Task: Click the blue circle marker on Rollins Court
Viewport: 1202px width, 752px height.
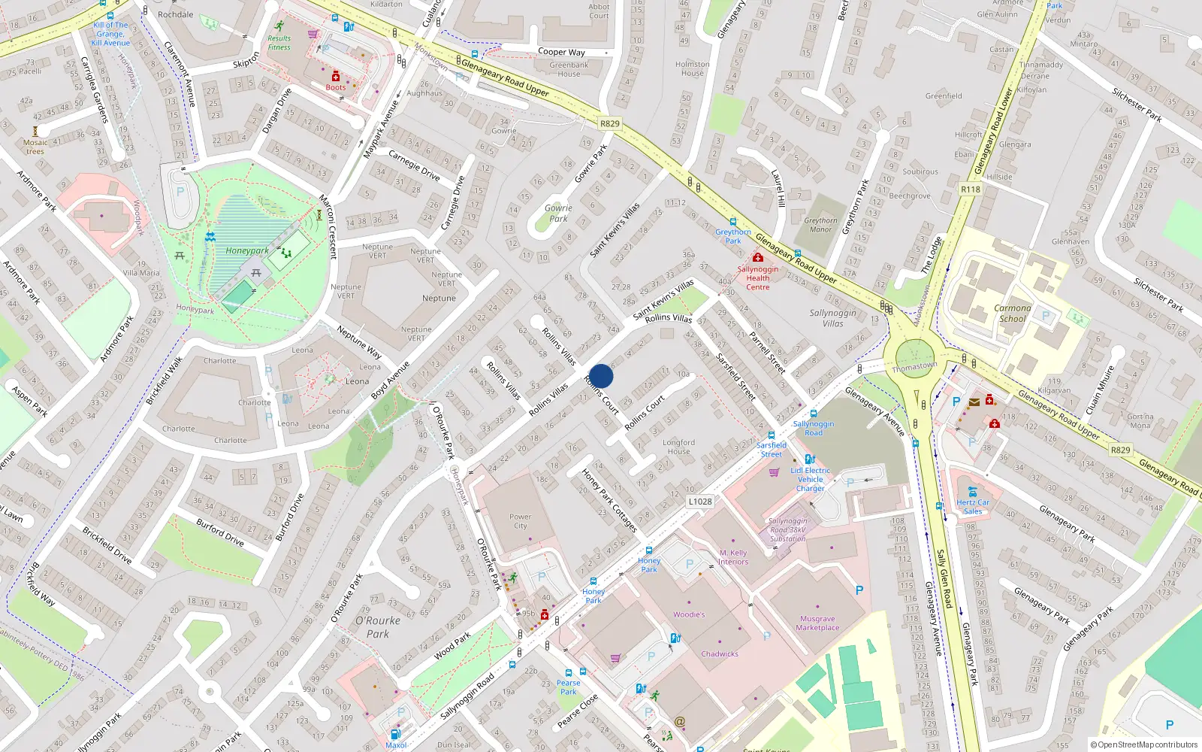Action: pos(601,376)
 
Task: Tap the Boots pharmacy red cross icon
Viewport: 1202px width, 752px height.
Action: pos(336,77)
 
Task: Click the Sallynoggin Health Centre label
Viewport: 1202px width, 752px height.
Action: pos(757,277)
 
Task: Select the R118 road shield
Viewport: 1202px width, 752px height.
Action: pos(971,190)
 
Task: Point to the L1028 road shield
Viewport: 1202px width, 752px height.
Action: pos(699,502)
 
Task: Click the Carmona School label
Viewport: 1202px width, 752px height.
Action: pos(1012,313)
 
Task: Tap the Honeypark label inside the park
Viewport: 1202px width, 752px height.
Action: pos(247,250)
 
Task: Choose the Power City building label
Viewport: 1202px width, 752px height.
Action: pos(520,521)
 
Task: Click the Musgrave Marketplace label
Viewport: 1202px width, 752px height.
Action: pos(817,623)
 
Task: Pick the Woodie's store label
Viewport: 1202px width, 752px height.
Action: pos(689,614)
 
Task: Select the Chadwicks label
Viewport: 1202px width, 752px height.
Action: pos(720,653)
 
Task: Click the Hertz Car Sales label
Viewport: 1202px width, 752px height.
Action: pos(973,507)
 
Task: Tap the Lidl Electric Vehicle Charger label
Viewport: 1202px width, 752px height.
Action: pos(810,479)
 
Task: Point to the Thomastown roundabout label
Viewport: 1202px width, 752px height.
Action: pos(914,367)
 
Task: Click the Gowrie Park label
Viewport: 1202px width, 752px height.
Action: pos(558,214)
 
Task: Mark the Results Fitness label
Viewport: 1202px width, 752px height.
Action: pos(279,43)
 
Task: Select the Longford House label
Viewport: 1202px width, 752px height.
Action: pos(678,447)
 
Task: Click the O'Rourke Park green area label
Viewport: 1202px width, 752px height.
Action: pos(378,627)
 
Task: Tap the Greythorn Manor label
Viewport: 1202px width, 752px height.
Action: pos(820,225)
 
